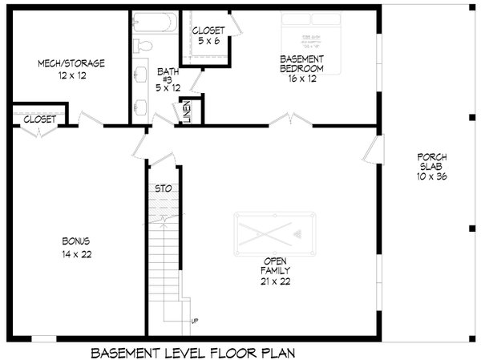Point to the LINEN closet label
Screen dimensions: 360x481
(187, 111)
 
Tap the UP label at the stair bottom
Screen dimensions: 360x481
(194, 321)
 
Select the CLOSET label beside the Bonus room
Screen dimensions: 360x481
(39, 119)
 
